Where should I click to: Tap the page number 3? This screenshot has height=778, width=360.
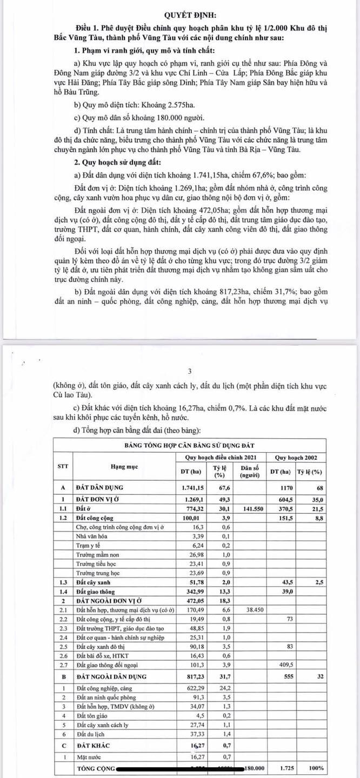(189, 371)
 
